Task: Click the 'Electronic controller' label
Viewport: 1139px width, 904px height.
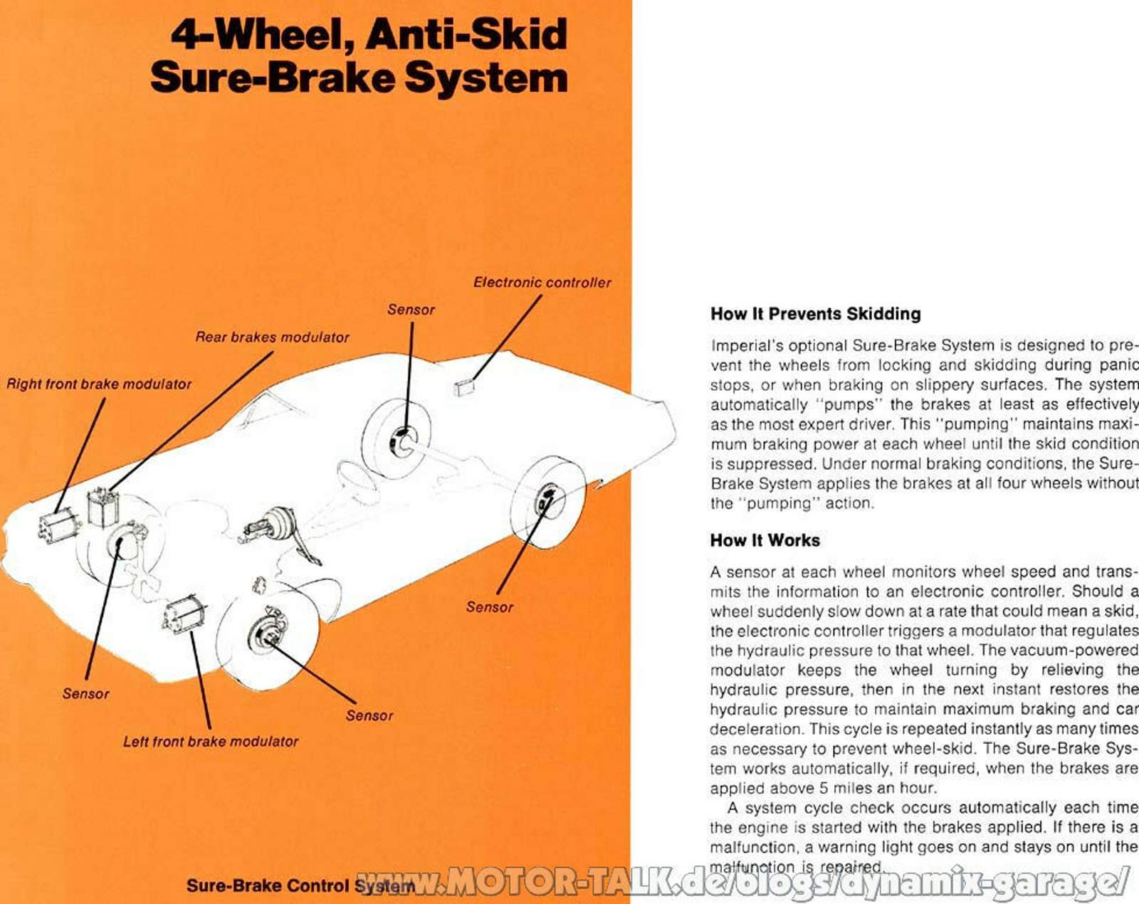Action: tap(542, 283)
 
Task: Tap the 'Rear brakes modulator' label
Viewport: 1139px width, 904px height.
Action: tap(272, 337)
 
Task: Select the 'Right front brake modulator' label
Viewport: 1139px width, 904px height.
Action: tap(99, 384)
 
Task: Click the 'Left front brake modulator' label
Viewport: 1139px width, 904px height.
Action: tap(211, 742)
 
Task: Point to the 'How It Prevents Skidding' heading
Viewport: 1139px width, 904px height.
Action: tap(816, 313)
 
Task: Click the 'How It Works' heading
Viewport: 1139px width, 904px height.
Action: tap(765, 540)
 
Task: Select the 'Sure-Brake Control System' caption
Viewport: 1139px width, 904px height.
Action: tap(300, 885)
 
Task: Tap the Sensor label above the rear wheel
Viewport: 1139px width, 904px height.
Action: tap(411, 310)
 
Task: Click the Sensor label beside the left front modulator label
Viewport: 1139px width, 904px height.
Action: tap(369, 715)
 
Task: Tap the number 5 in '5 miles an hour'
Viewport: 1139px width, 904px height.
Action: tap(823, 788)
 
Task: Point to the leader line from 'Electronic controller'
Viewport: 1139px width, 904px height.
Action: tap(507, 337)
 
